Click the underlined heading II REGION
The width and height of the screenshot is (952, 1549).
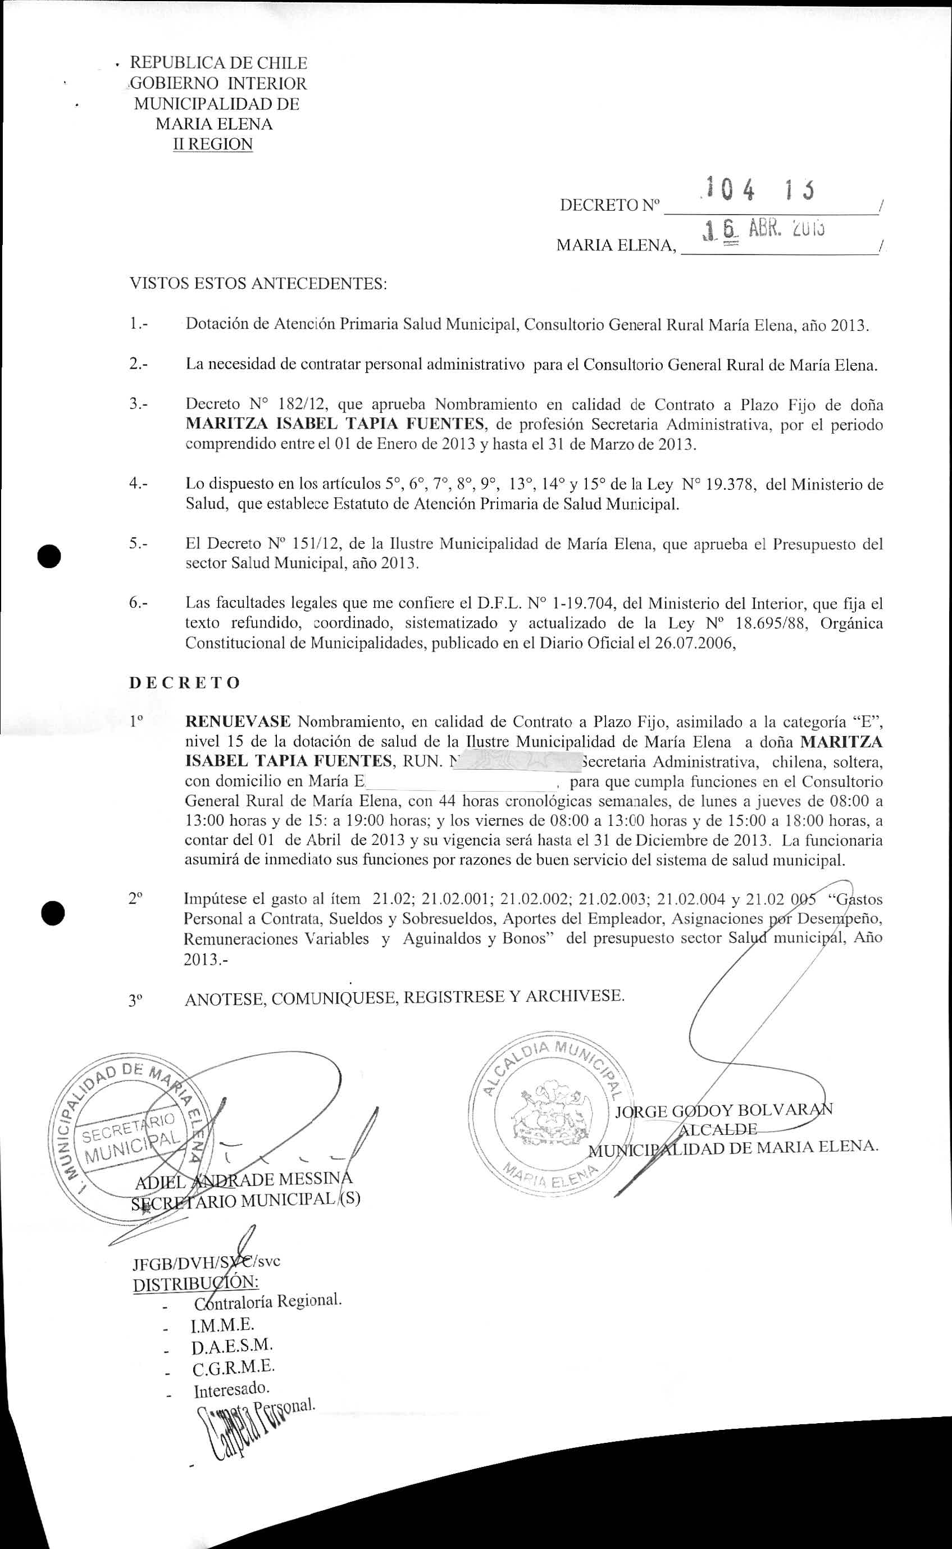[x=213, y=144]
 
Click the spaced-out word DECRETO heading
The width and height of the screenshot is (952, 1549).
[x=184, y=683]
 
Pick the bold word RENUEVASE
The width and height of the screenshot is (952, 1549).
[x=238, y=721]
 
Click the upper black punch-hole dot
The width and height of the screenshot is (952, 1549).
[x=49, y=557]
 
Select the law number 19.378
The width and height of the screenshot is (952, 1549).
[x=732, y=484]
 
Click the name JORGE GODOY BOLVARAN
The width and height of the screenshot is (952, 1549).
[x=723, y=1111]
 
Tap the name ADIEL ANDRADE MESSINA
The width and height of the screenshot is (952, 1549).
[x=244, y=1179]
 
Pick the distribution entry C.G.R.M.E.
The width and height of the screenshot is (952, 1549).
[x=234, y=1368]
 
